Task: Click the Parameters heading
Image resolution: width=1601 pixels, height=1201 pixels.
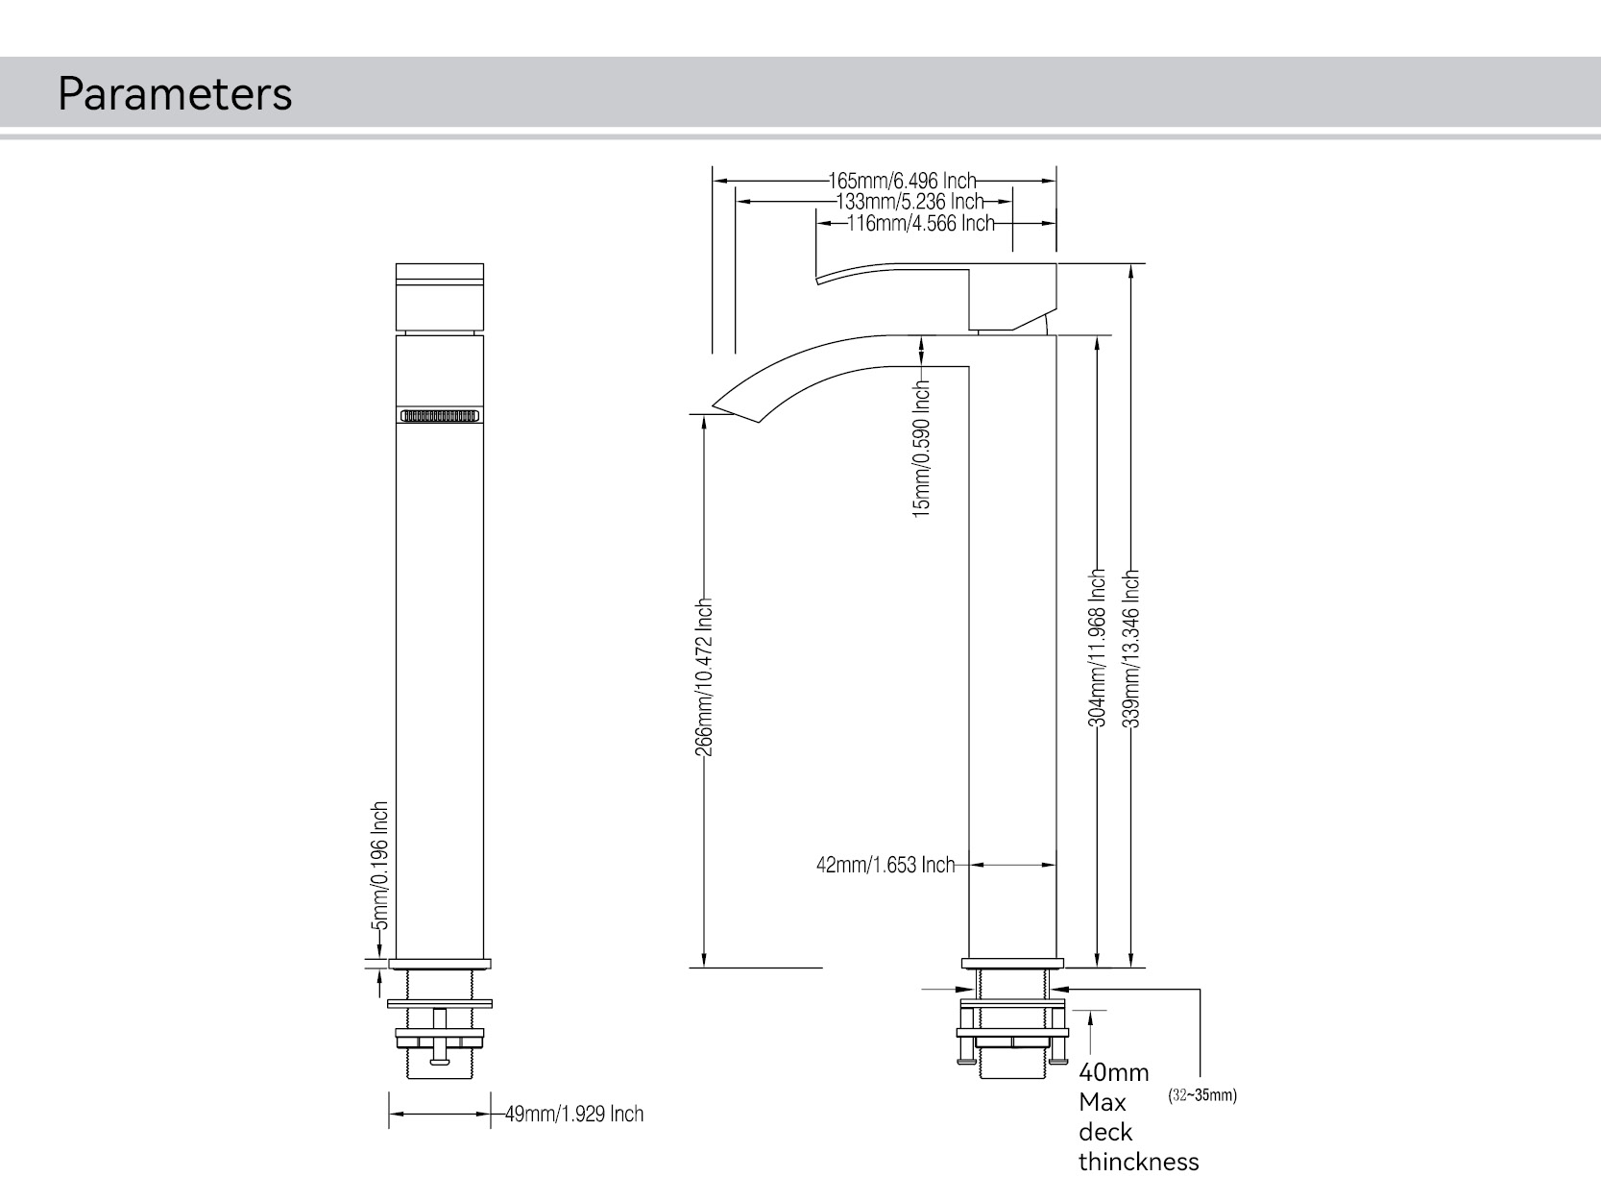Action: click(175, 94)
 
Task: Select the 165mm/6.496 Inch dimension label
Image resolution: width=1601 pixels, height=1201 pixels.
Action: click(902, 180)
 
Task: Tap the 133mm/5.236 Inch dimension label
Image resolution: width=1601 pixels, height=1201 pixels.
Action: click(910, 202)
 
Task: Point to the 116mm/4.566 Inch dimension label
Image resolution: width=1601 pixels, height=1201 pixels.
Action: click(920, 224)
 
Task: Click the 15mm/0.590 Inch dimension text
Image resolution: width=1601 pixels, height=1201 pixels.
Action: click(922, 448)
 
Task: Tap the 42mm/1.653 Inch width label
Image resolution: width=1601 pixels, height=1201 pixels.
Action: click(885, 866)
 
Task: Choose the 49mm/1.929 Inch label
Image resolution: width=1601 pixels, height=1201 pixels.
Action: click(574, 1115)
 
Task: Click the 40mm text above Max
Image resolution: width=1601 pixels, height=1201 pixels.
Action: click(1113, 1072)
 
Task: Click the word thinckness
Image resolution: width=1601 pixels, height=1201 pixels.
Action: click(1138, 1163)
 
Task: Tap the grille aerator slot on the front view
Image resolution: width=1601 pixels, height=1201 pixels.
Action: click(440, 416)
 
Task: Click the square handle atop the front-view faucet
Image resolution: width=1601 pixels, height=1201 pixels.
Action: click(440, 296)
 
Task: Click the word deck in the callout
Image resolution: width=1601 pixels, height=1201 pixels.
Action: click(1105, 1132)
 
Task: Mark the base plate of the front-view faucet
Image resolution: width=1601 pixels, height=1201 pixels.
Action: click(440, 964)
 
